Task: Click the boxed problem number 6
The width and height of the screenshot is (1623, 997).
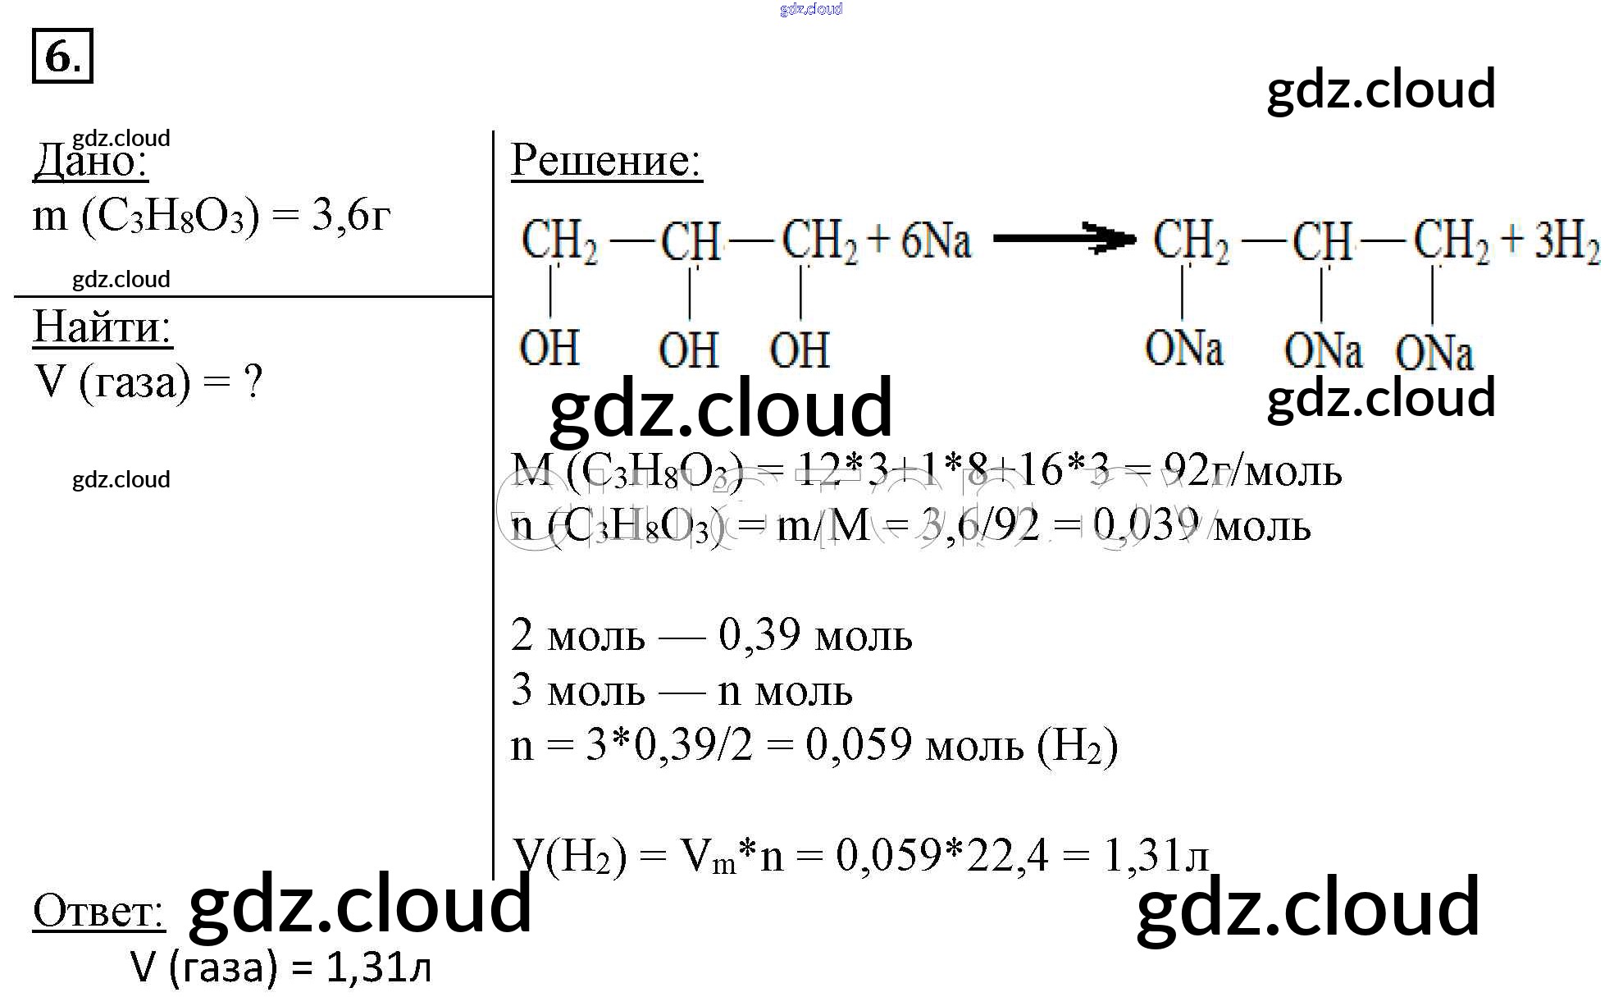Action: coord(62,56)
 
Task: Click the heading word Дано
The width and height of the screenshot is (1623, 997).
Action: coord(90,161)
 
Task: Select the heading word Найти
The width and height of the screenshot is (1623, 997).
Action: coord(102,327)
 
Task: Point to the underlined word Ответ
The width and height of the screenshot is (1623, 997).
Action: coord(98,912)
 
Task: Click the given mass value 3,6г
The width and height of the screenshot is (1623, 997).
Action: coord(350,216)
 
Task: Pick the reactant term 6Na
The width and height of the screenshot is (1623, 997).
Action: coord(935,241)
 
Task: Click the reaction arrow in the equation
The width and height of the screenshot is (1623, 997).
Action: coord(1064,239)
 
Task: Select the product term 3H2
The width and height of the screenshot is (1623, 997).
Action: coord(1566,241)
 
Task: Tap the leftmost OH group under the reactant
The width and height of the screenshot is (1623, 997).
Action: coord(549,348)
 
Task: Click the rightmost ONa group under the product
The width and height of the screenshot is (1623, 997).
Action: coord(1434,353)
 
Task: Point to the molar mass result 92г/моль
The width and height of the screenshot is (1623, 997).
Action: coord(1252,471)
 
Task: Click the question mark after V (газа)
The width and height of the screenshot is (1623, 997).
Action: coord(253,382)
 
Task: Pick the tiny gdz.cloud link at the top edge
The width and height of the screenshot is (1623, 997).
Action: coord(810,9)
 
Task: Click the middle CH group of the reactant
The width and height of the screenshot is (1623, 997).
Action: coord(690,241)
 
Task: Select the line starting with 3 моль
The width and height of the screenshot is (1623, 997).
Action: coord(681,691)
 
